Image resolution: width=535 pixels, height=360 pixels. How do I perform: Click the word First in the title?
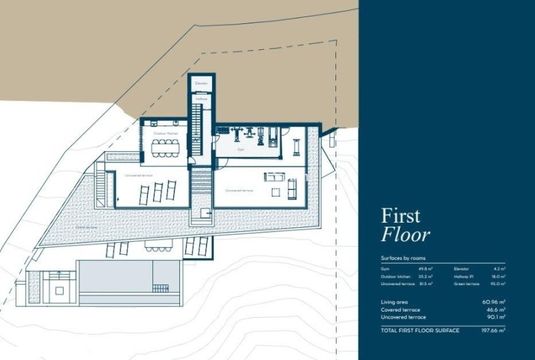pyautogui.click(x=400, y=216)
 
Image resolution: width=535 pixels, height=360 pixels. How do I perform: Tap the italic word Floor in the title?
pyautogui.click(x=406, y=235)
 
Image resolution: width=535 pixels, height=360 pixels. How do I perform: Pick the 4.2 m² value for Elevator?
pyautogui.click(x=500, y=269)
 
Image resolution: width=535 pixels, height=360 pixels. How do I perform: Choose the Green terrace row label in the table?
pyautogui.click(x=468, y=284)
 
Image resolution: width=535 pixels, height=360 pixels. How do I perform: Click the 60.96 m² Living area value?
pyautogui.click(x=493, y=302)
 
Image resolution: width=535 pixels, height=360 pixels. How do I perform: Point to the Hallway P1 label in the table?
pyautogui.click(x=465, y=276)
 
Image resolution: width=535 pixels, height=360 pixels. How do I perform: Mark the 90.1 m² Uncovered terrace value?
pyautogui.click(x=495, y=317)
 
